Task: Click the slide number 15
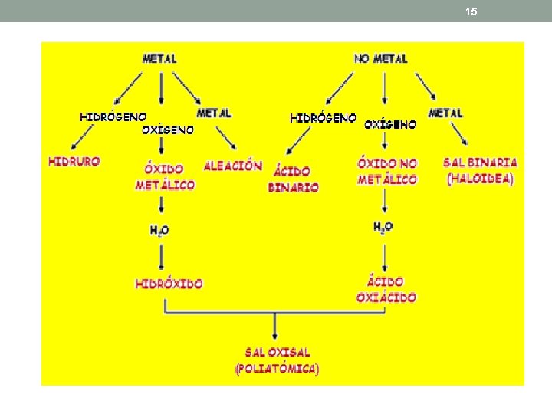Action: click(471, 11)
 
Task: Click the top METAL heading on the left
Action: click(159, 58)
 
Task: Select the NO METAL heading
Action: click(381, 58)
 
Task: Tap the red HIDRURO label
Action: click(74, 162)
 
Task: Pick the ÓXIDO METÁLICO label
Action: click(165, 176)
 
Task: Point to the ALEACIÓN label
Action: click(233, 166)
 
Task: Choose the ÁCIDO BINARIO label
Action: click(293, 179)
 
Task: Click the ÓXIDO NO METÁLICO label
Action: click(387, 171)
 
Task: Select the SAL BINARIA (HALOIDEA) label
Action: click(481, 171)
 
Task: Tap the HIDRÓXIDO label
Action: click(169, 284)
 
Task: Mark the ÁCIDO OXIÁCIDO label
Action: click(386, 290)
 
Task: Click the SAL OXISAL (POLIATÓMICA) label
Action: click(278, 360)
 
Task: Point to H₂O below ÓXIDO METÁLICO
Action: click(159, 230)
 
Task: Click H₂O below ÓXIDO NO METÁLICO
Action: click(383, 227)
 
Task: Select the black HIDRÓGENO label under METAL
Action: click(113, 117)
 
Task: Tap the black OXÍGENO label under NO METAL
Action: click(389, 124)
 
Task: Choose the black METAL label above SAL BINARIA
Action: click(445, 113)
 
